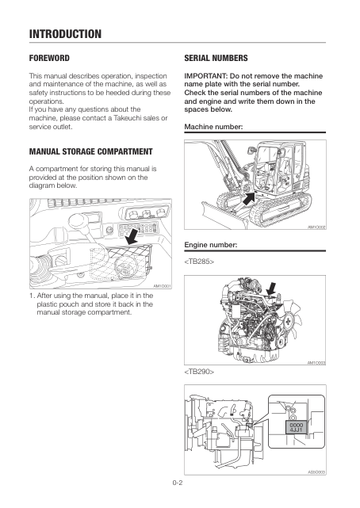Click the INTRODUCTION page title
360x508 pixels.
tap(65, 34)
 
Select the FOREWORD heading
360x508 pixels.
tap(49, 59)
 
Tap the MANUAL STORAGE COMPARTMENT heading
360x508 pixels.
tap(90, 151)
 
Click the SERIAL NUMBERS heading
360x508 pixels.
tap(216, 59)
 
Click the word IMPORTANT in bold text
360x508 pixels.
tap(205, 76)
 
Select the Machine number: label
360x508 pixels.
tap(213, 127)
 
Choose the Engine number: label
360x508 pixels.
tap(211, 245)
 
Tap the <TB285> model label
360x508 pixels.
tap(199, 261)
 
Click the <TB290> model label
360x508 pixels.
tap(199, 371)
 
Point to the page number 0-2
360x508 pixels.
tap(178, 483)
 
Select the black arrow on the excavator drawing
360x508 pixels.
tap(248, 199)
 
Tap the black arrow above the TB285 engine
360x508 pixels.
tap(271, 288)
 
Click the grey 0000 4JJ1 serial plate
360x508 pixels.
tap(296, 427)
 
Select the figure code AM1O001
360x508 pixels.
tap(162, 286)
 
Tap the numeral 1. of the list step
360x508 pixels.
tap(32, 296)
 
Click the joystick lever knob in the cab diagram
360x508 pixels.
tap(77, 220)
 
